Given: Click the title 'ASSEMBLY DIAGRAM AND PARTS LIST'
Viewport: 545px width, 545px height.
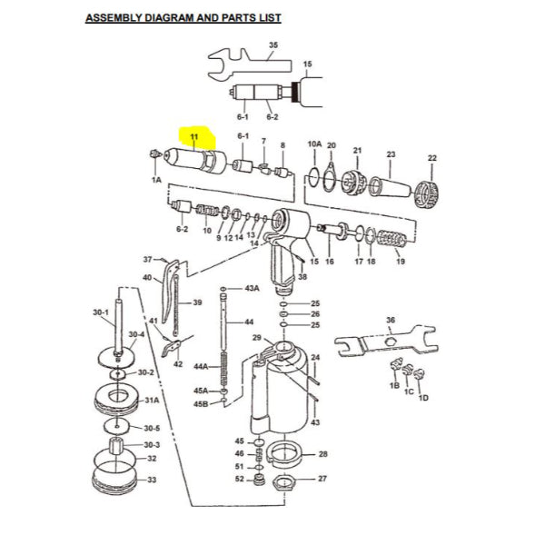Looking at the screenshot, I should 183,17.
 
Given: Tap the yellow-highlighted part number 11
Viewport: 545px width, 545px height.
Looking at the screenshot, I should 193,136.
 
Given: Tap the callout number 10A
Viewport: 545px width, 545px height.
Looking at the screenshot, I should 314,144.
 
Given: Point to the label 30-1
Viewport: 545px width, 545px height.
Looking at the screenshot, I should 100,312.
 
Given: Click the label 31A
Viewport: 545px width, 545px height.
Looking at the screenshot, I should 152,401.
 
